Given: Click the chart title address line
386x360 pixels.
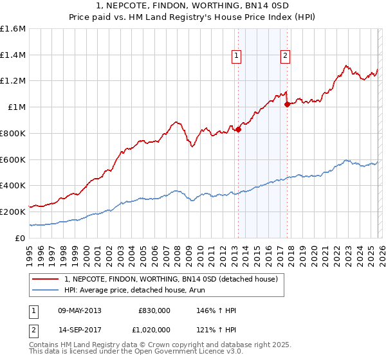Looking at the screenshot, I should (193, 6).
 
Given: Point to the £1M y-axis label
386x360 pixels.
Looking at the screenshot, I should (17, 107).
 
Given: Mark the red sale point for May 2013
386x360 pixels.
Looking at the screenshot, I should (238, 129).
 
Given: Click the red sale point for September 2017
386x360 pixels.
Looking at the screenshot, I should (287, 104).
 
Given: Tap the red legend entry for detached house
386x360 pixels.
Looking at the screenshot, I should (170, 279).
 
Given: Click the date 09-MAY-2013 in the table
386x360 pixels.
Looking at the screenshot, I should (78, 310).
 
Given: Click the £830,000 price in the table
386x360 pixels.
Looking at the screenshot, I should (154, 310).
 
